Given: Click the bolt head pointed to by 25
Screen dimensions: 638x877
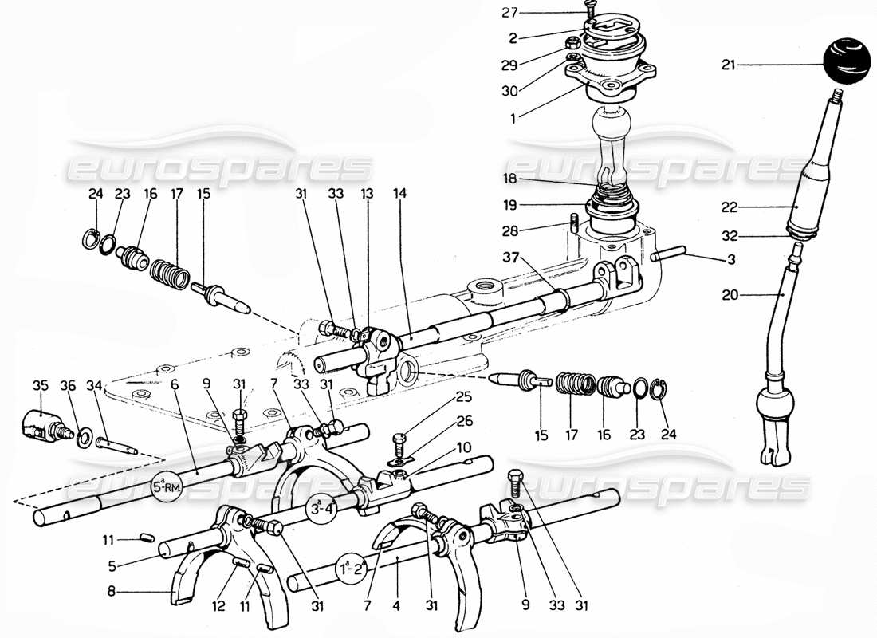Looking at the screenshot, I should (400, 438).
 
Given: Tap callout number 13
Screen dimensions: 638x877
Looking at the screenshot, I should (367, 193).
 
